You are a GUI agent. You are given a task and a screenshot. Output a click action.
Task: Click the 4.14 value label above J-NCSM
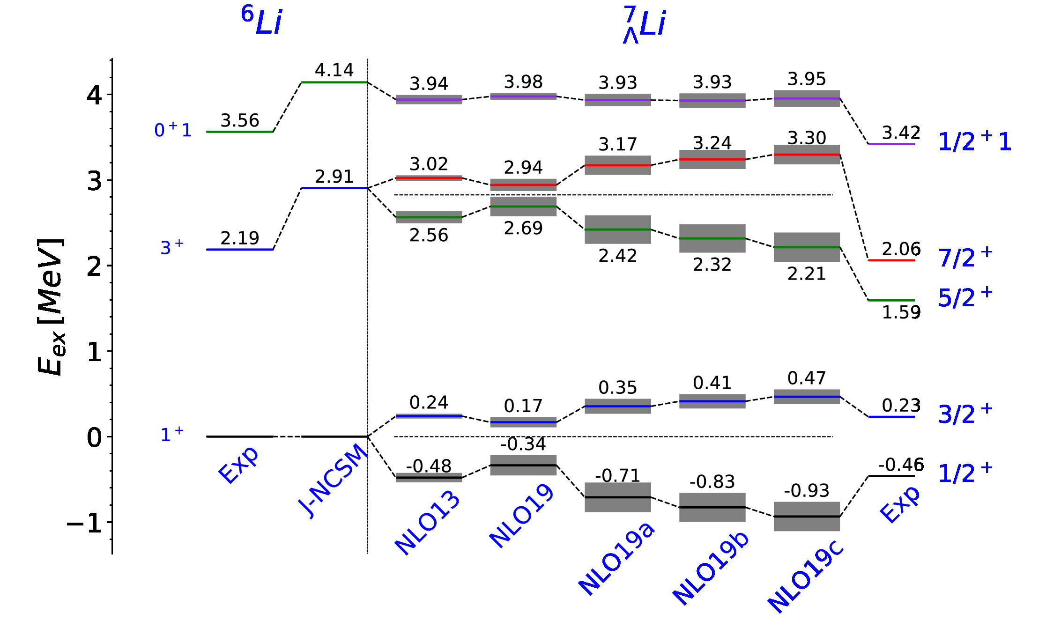pos(334,70)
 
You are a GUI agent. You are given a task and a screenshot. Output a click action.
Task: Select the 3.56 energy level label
pos(240,120)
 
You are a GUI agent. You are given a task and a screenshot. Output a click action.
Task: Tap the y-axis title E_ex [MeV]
pos(51,307)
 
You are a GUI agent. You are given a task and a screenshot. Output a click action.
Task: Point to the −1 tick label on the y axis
pos(85,523)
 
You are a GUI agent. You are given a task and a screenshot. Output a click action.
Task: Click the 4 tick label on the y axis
pos(94,95)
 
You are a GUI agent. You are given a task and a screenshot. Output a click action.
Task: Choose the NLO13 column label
pos(428,523)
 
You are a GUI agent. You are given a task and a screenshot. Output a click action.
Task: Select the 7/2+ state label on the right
pos(965,257)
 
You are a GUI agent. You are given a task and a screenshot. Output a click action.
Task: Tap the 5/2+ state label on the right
pos(965,297)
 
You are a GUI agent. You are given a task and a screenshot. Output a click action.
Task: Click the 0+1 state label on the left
pos(173,130)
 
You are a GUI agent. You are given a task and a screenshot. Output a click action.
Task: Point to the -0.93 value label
pos(807,491)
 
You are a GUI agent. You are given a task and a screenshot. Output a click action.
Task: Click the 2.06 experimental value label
pos(901,249)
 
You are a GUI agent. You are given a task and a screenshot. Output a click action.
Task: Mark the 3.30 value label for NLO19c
pos(807,138)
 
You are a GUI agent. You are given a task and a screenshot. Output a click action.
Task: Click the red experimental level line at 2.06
pos(891,260)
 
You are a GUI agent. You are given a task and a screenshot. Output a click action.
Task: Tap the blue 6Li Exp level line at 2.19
pos(240,250)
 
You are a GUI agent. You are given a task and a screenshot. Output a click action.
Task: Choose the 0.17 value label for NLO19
pos(523,406)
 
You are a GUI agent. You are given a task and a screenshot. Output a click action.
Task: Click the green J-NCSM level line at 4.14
pos(334,82)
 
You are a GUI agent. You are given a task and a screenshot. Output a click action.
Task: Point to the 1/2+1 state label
pos(974,141)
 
